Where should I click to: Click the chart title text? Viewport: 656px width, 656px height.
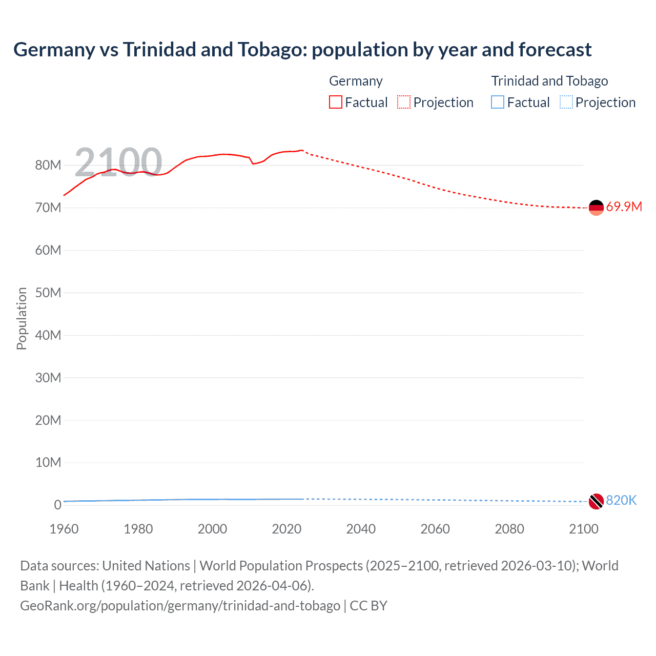302,50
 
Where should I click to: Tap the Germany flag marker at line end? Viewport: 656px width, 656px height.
596,208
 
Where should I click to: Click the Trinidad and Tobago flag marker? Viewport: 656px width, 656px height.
596,501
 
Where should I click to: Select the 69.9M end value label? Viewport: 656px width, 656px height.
624,207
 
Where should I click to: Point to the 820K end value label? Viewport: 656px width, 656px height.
621,501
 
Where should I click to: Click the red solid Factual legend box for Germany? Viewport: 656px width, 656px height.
335,102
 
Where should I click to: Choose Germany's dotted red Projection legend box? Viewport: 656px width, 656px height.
404,102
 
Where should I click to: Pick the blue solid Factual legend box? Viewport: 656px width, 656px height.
498,102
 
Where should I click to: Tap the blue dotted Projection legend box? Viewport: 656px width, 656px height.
566,102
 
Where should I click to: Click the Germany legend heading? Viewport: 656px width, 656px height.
356,81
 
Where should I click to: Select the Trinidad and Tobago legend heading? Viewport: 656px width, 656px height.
549,81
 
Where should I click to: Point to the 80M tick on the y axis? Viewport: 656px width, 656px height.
48,165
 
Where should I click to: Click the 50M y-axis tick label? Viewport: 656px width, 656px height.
48,293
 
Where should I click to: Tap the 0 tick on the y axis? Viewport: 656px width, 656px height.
57,505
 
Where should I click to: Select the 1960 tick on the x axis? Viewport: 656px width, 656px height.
64,529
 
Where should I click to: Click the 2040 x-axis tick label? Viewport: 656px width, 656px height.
361,529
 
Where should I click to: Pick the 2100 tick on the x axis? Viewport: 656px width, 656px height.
583,529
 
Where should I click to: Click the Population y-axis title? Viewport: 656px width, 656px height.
22,318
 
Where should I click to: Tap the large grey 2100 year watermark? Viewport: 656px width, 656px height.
118,162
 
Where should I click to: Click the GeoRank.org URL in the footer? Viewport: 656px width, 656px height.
180,606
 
